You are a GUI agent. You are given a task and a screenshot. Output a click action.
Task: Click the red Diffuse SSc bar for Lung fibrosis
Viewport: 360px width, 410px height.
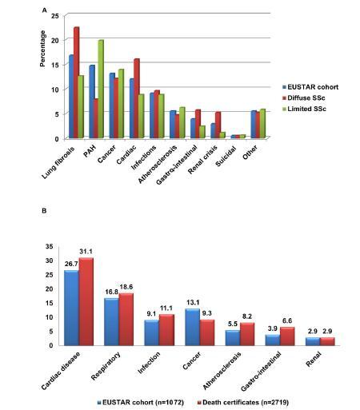pos(77,82)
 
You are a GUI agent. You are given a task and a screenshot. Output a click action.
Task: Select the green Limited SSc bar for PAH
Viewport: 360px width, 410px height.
pos(101,89)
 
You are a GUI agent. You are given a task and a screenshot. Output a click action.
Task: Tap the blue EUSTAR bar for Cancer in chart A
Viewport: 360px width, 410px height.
pos(112,105)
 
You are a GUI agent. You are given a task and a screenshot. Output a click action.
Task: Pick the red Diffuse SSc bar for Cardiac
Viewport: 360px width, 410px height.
pos(137,98)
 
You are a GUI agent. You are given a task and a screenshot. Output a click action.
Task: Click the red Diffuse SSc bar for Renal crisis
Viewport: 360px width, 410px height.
pos(218,125)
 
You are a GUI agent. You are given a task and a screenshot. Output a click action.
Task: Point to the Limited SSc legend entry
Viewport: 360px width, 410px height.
pos(304,109)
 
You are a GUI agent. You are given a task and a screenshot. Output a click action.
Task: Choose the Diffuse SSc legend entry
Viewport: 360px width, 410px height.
pos(304,98)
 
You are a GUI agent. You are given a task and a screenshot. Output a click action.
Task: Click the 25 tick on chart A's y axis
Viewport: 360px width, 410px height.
pos(54,16)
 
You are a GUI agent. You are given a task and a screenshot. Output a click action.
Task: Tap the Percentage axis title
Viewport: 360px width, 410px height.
pos(42,49)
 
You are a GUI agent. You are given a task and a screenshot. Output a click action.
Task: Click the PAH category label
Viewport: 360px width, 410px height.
pos(90,151)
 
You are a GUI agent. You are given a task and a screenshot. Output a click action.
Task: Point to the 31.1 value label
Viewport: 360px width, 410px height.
pos(86,252)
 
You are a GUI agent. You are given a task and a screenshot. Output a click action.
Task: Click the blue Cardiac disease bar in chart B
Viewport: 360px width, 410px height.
pos(71,308)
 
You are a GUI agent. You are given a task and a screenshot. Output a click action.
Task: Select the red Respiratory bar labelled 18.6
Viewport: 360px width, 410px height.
pos(126,320)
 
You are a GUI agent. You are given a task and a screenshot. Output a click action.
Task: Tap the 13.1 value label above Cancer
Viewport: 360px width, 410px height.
pos(193,303)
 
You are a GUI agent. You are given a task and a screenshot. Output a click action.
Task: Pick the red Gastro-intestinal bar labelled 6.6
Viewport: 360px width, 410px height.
pos(287,336)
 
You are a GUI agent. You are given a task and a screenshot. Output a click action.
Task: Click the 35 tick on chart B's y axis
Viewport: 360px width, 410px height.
pos(50,246)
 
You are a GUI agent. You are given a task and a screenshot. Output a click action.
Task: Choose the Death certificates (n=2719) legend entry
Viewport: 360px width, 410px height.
pos(243,402)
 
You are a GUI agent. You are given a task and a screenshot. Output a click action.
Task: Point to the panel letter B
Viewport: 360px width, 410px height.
pos(44,210)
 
